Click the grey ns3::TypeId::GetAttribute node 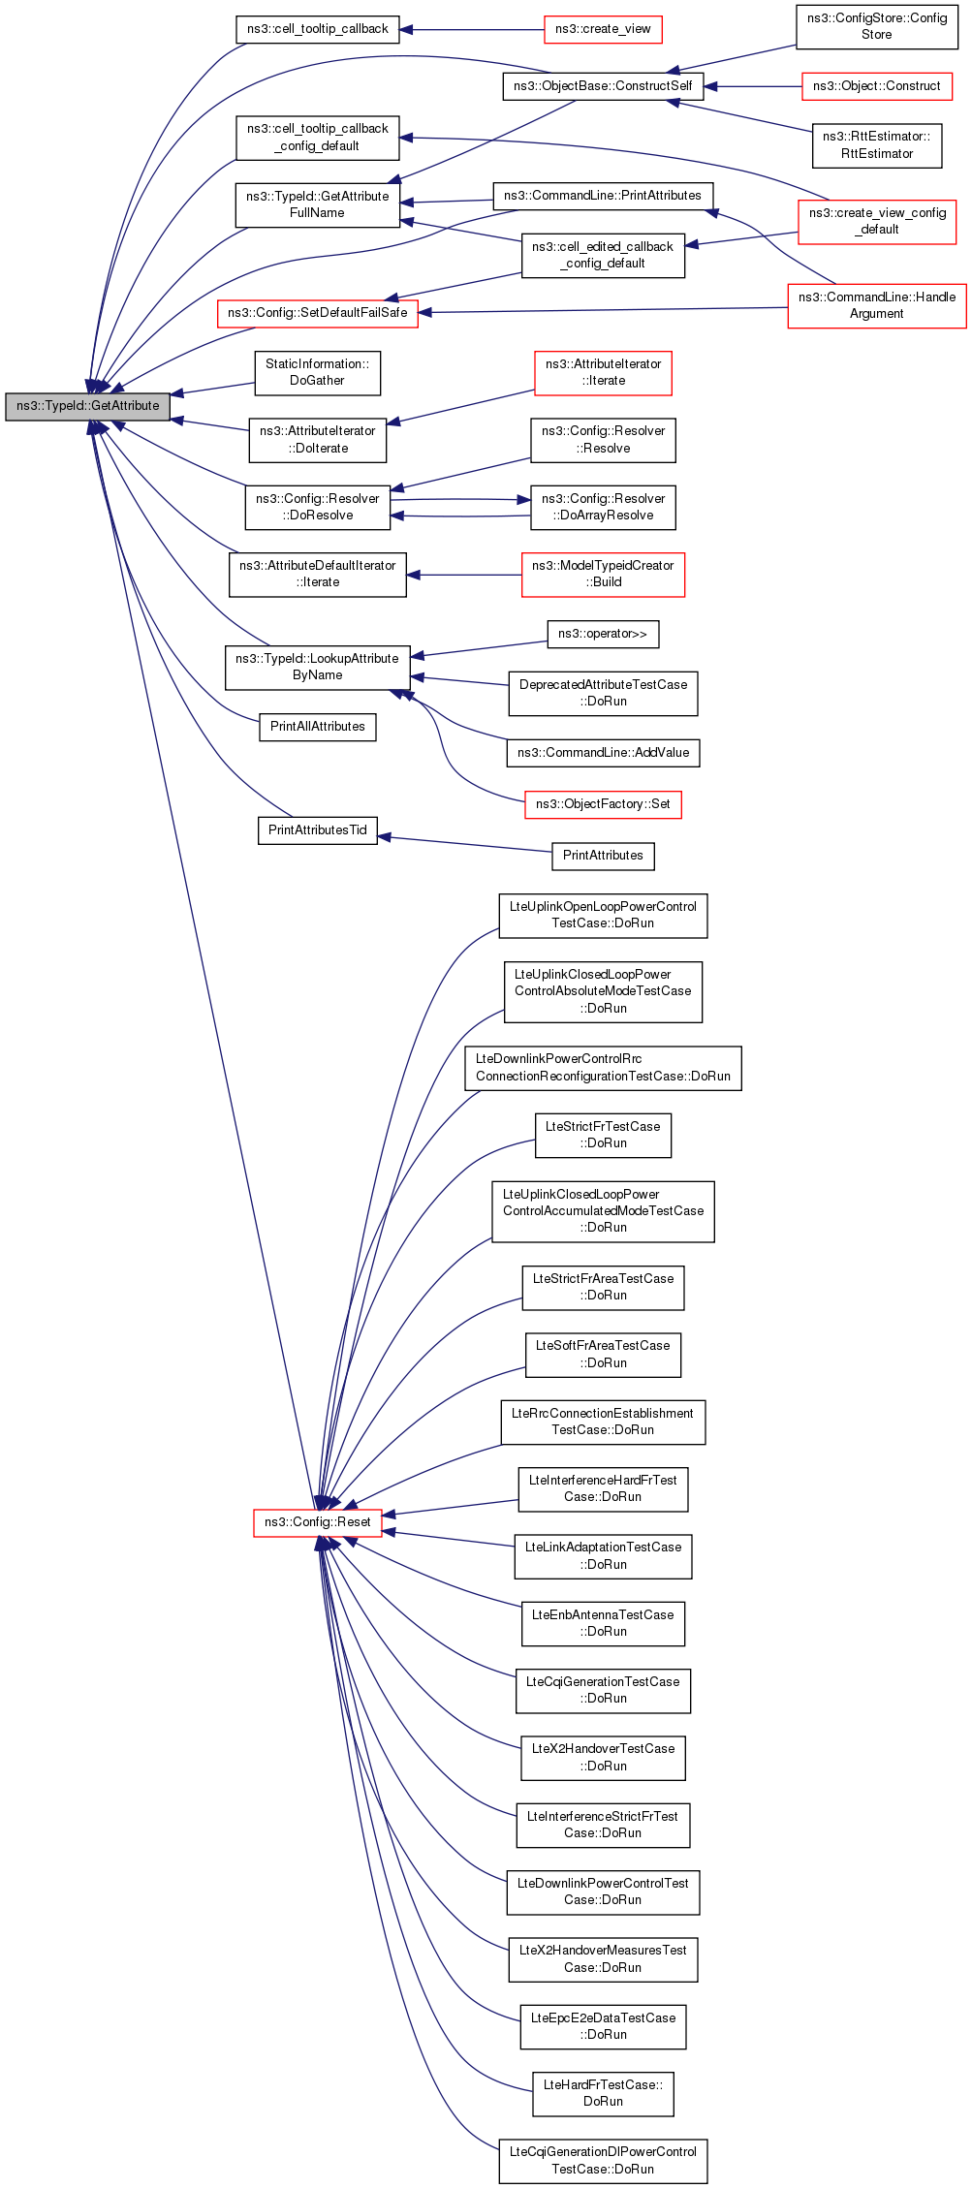pyautogui.click(x=87, y=406)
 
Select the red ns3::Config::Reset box pyautogui.click(x=317, y=1521)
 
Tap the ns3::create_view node pyautogui.click(x=602, y=29)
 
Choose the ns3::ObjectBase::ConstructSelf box pyautogui.click(x=602, y=86)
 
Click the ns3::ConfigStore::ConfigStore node pyautogui.click(x=876, y=26)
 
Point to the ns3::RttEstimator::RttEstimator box pyautogui.click(x=876, y=145)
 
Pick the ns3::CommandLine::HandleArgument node pyautogui.click(x=876, y=305)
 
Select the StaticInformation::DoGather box pyautogui.click(x=317, y=372)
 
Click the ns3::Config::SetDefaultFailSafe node pyautogui.click(x=317, y=313)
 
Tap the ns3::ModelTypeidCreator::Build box pyautogui.click(x=602, y=574)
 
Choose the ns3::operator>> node pyautogui.click(x=602, y=634)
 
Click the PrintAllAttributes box pyautogui.click(x=317, y=727)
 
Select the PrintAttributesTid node pyautogui.click(x=317, y=830)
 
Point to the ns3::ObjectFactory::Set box pyautogui.click(x=602, y=804)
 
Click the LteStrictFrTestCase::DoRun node pyautogui.click(x=602, y=1135)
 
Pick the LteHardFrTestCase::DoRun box pyautogui.click(x=602, y=2093)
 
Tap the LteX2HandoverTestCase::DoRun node pyautogui.click(x=602, y=1757)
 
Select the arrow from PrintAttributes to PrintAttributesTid pyautogui.click(x=465, y=844)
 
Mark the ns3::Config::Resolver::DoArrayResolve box pyautogui.click(x=602, y=507)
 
